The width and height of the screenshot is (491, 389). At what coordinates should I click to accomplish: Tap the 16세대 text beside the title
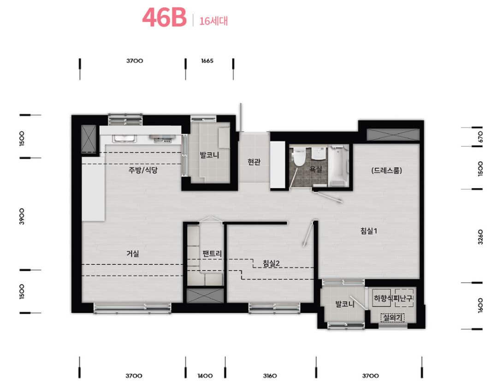(x=213, y=21)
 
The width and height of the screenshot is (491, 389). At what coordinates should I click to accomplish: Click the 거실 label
(x=133, y=253)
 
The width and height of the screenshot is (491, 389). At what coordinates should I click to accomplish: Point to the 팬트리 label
(x=212, y=254)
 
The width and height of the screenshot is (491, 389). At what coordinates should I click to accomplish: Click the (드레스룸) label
(x=386, y=170)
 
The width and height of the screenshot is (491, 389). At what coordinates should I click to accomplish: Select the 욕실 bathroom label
(x=316, y=170)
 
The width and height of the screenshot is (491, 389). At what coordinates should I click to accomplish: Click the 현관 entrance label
(x=254, y=162)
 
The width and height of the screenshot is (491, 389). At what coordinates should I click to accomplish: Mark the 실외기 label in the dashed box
(x=391, y=317)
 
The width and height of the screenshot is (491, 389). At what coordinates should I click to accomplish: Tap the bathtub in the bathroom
(x=339, y=166)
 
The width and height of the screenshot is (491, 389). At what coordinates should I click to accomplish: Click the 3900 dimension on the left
(x=22, y=216)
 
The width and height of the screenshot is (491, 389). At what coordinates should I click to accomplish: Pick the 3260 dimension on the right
(x=480, y=237)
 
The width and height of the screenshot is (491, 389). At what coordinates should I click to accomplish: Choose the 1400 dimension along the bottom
(x=205, y=376)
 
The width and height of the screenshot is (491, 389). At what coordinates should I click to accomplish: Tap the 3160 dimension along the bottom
(x=270, y=376)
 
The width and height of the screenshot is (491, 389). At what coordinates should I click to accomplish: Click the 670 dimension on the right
(x=480, y=136)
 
